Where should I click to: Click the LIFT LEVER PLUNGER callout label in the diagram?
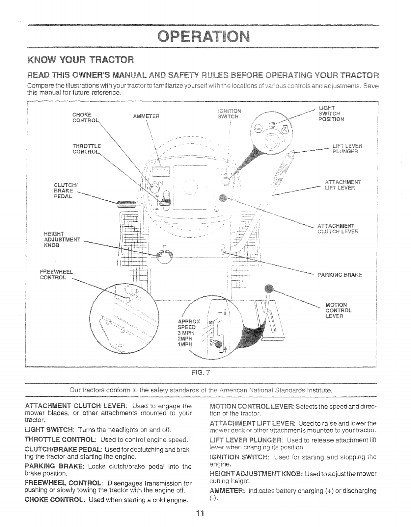347,149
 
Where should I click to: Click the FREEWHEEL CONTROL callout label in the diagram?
56,274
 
